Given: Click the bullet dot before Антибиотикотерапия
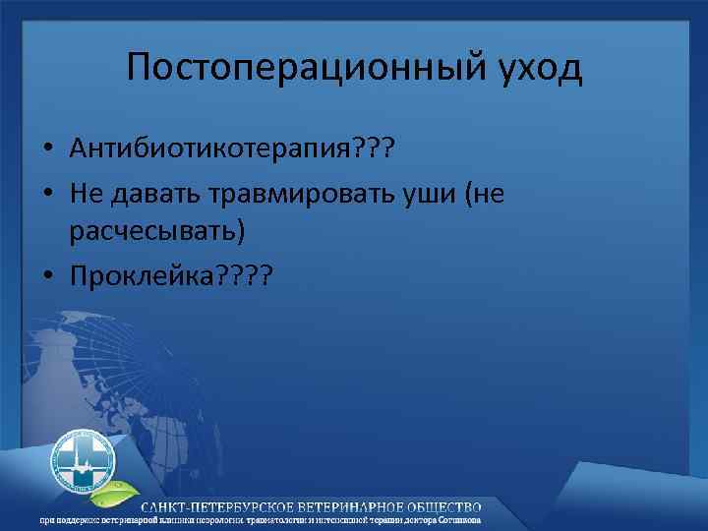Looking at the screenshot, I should point(48,149).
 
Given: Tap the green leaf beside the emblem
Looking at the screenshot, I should point(129,488).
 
